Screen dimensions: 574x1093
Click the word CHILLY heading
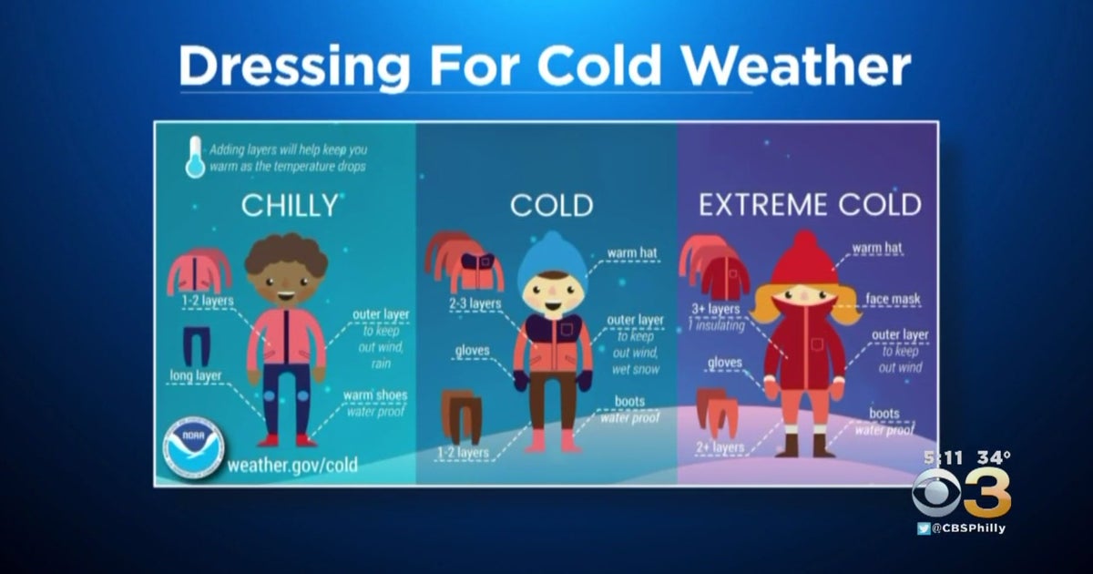[x=289, y=205]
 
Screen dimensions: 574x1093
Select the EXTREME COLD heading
[x=810, y=205]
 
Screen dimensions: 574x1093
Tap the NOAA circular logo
[x=192, y=449]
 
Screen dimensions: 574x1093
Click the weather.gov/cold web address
[x=291, y=466]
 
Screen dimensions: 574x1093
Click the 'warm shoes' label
[x=374, y=395]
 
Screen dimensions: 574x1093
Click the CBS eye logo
[x=936, y=492]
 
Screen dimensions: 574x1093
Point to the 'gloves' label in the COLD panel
[x=472, y=350]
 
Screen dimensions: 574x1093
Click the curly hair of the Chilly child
[x=286, y=253]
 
